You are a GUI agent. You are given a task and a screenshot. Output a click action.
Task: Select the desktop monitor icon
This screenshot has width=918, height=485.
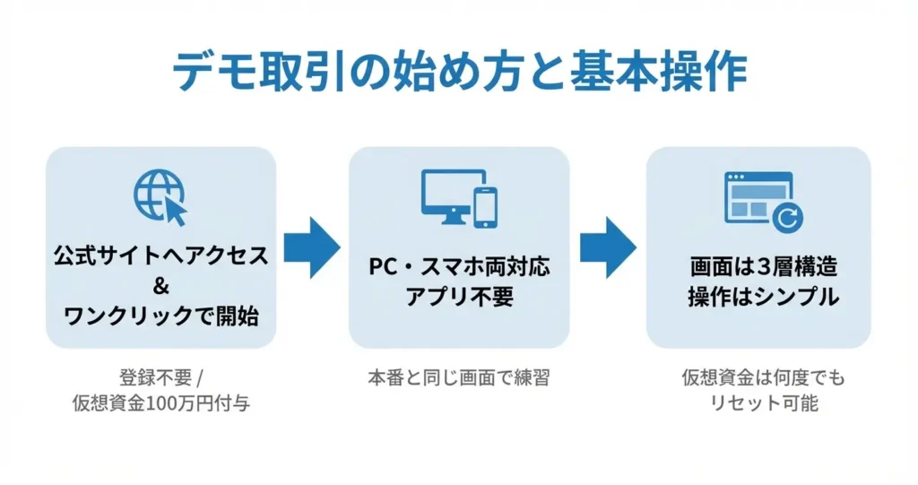coord(446,195)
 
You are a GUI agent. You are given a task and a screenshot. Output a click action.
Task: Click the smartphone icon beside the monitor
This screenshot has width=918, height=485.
coord(485,206)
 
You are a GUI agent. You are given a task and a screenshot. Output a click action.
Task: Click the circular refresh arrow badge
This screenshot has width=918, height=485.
coord(789,216)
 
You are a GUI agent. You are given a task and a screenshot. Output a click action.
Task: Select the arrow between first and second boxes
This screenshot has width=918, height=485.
coord(312,247)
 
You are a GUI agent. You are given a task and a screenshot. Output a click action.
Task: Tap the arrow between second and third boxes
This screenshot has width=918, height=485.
coord(608,247)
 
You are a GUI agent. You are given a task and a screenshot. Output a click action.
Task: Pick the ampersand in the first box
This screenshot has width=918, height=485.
coord(161,286)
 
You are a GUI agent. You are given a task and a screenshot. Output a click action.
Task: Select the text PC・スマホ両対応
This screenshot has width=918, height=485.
coord(459,267)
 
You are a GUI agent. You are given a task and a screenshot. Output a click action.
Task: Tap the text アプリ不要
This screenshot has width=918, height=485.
coord(459,297)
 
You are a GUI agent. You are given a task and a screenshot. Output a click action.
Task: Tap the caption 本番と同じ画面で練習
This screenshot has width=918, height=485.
coord(459,377)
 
